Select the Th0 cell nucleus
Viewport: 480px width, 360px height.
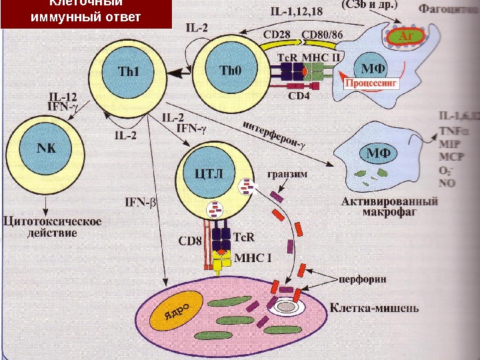click(230, 69)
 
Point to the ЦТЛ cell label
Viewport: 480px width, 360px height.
click(208, 175)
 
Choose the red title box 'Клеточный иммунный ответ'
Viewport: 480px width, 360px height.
click(86, 13)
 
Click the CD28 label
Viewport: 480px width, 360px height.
click(277, 34)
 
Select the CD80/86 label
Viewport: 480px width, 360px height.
click(323, 34)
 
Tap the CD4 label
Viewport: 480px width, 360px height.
click(299, 95)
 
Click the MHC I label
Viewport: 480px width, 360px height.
click(250, 257)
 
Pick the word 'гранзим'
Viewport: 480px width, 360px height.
click(287, 176)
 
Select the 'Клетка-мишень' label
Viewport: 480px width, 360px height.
click(375, 308)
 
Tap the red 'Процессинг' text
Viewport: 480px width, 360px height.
click(371, 85)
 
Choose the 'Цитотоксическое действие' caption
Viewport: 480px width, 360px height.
click(53, 227)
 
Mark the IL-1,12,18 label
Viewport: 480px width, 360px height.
click(298, 11)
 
